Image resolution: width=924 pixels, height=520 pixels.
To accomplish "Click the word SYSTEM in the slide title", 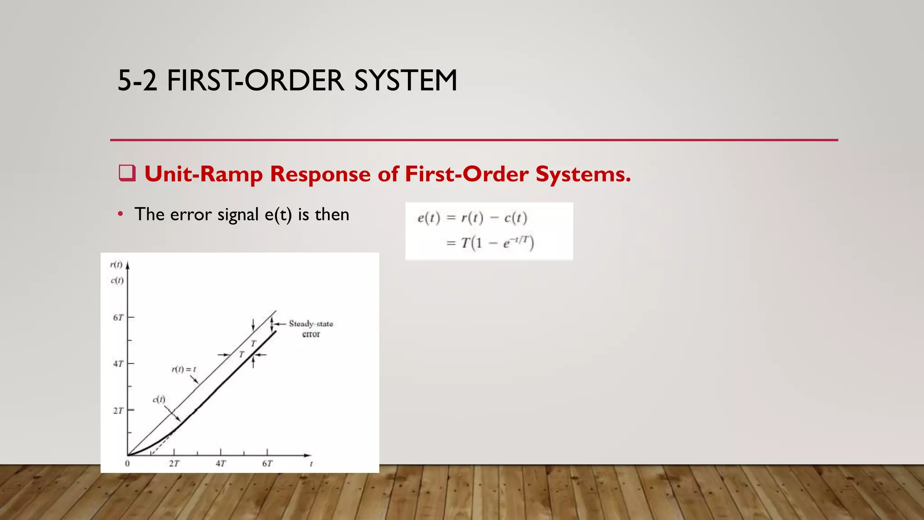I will tap(406, 81).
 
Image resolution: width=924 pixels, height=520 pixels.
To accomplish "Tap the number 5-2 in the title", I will tap(137, 81).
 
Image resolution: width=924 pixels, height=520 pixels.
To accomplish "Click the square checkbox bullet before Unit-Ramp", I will tap(127, 173).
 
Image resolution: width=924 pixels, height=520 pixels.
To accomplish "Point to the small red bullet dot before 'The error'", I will tap(120, 214).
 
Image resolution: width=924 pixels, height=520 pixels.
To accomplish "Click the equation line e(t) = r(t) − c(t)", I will tap(472, 218).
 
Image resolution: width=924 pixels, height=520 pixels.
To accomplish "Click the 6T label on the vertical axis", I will tap(118, 318).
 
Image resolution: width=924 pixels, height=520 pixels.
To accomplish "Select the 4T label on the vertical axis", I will tap(118, 363).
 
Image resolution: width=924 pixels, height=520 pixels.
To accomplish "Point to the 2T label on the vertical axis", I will tap(118, 411).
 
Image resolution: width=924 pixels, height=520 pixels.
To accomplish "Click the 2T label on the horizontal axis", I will tap(174, 464).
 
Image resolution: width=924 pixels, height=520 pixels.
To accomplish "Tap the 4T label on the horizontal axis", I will tap(221, 464).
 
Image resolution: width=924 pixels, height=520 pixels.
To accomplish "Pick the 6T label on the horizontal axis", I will tap(267, 464).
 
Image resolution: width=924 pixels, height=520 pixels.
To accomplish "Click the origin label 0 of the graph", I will tap(127, 464).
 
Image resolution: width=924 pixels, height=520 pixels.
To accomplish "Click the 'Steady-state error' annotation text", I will tap(311, 329).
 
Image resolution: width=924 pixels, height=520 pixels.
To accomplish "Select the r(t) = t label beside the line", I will tap(184, 369).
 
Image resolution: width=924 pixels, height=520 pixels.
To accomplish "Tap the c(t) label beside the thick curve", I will tap(159, 399).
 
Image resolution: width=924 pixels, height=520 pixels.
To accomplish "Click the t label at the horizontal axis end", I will tap(311, 464).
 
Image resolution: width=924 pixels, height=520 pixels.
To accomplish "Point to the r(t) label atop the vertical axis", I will tap(116, 265).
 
